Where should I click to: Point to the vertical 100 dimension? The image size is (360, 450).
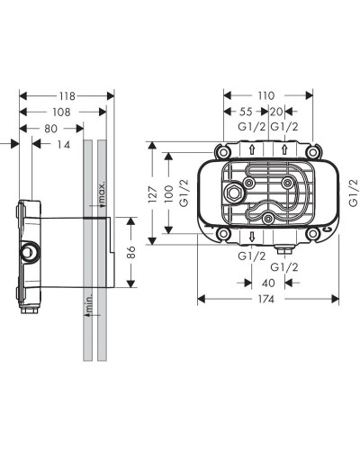point(168,192)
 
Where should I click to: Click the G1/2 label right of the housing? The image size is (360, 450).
point(352,191)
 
